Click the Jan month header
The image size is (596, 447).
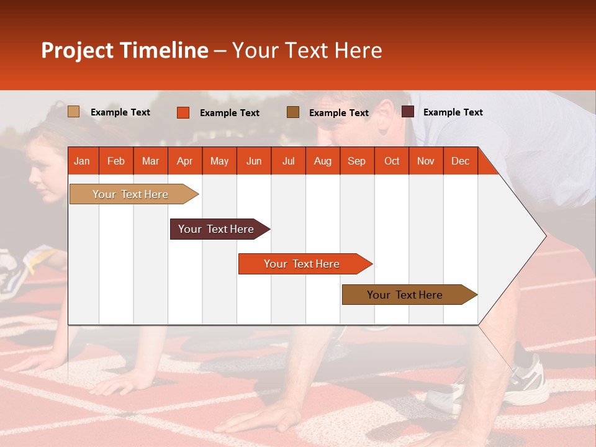(82, 161)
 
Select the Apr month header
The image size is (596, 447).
(184, 161)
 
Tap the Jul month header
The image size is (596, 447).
(288, 161)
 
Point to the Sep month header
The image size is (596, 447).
(356, 161)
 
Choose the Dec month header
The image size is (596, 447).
(460, 161)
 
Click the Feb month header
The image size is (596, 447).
(116, 161)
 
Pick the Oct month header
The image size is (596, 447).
(392, 161)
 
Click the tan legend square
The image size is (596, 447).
(73, 112)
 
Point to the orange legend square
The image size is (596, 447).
(183, 112)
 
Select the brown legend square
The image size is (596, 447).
(292, 112)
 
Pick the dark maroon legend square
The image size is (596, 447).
(407, 111)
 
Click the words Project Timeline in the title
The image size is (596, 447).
(125, 50)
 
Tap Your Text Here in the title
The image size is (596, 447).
(307, 50)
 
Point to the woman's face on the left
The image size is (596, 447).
(43, 171)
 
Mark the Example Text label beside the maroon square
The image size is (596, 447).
(453, 112)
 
